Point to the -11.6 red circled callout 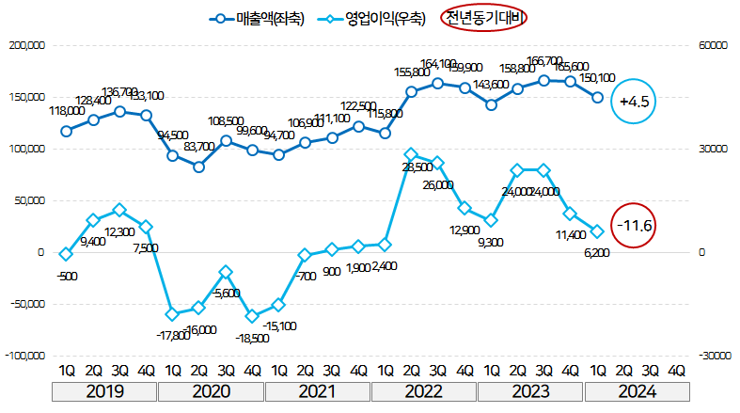[x=632, y=226]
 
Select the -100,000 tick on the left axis [x=24, y=356]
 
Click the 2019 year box [x=105, y=390]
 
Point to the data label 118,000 [x=67, y=110]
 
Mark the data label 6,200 [x=597, y=253]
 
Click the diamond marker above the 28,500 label [x=411, y=153]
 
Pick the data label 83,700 [x=200, y=147]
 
